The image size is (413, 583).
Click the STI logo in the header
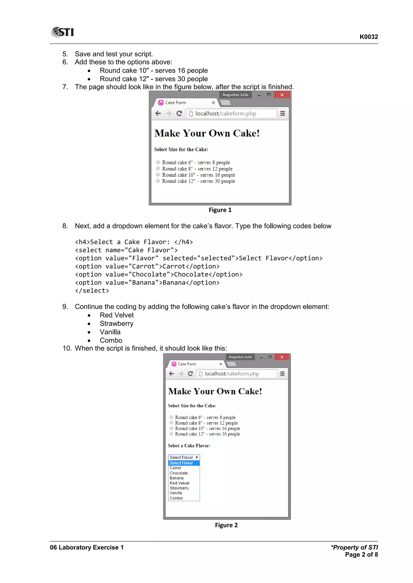pyautogui.click(x=62, y=32)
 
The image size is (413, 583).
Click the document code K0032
pyautogui.click(x=368, y=37)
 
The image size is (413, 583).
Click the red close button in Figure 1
pyautogui.click(x=282, y=95)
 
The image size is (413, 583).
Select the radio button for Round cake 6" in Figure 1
pyautogui.click(x=158, y=162)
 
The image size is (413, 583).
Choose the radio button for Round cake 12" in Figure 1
pyautogui.click(x=158, y=181)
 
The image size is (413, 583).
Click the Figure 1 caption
pyautogui.click(x=220, y=210)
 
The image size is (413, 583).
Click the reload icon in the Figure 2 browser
pyautogui.click(x=190, y=374)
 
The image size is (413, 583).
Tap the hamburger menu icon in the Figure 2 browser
pyautogui.click(x=282, y=374)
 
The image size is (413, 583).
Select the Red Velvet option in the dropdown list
pyautogui.click(x=179, y=483)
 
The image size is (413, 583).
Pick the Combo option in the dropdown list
pyautogui.click(x=176, y=498)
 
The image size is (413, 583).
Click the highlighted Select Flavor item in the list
pyautogui.click(x=181, y=463)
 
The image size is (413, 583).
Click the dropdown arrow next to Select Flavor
pyautogui.click(x=197, y=457)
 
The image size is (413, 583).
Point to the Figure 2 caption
pyautogui.click(x=226, y=525)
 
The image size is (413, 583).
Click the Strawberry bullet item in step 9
pyautogui.click(x=117, y=323)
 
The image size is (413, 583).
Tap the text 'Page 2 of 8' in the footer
pyautogui.click(x=361, y=555)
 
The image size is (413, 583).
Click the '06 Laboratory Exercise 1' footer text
pyautogui.click(x=87, y=547)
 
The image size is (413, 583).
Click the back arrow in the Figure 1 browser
pyautogui.click(x=158, y=114)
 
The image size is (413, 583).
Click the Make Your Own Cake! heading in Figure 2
pyautogui.click(x=215, y=391)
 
